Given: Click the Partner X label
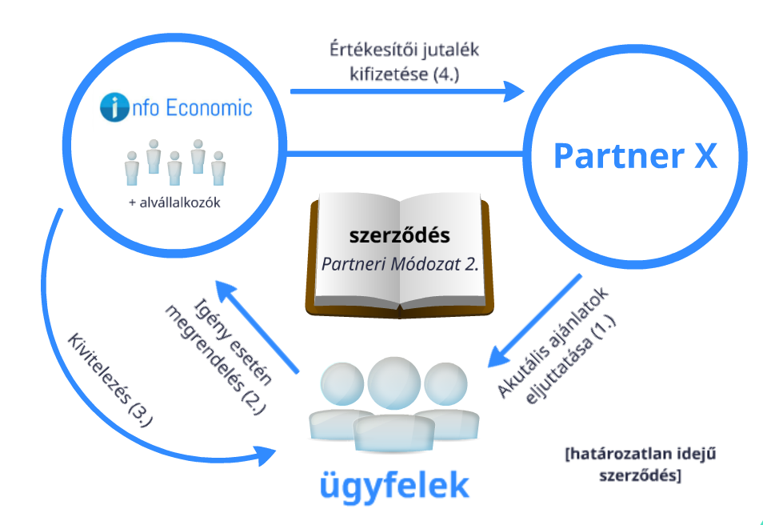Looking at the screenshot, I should coord(635,155).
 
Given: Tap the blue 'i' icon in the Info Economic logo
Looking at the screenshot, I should coord(114,107).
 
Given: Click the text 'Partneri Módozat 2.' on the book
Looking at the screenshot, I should coord(399,263).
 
